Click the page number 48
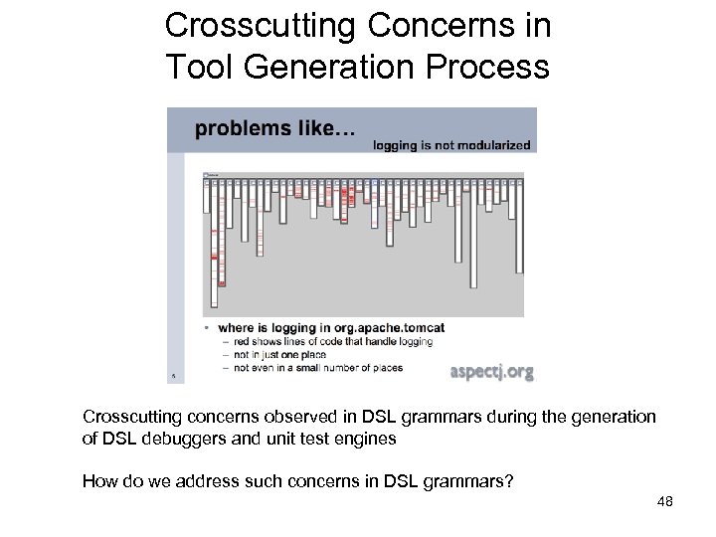[665, 502]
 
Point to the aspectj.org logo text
[491, 372]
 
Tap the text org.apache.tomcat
[393, 327]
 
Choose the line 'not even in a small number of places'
[317, 367]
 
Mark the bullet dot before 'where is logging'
[205, 327]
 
